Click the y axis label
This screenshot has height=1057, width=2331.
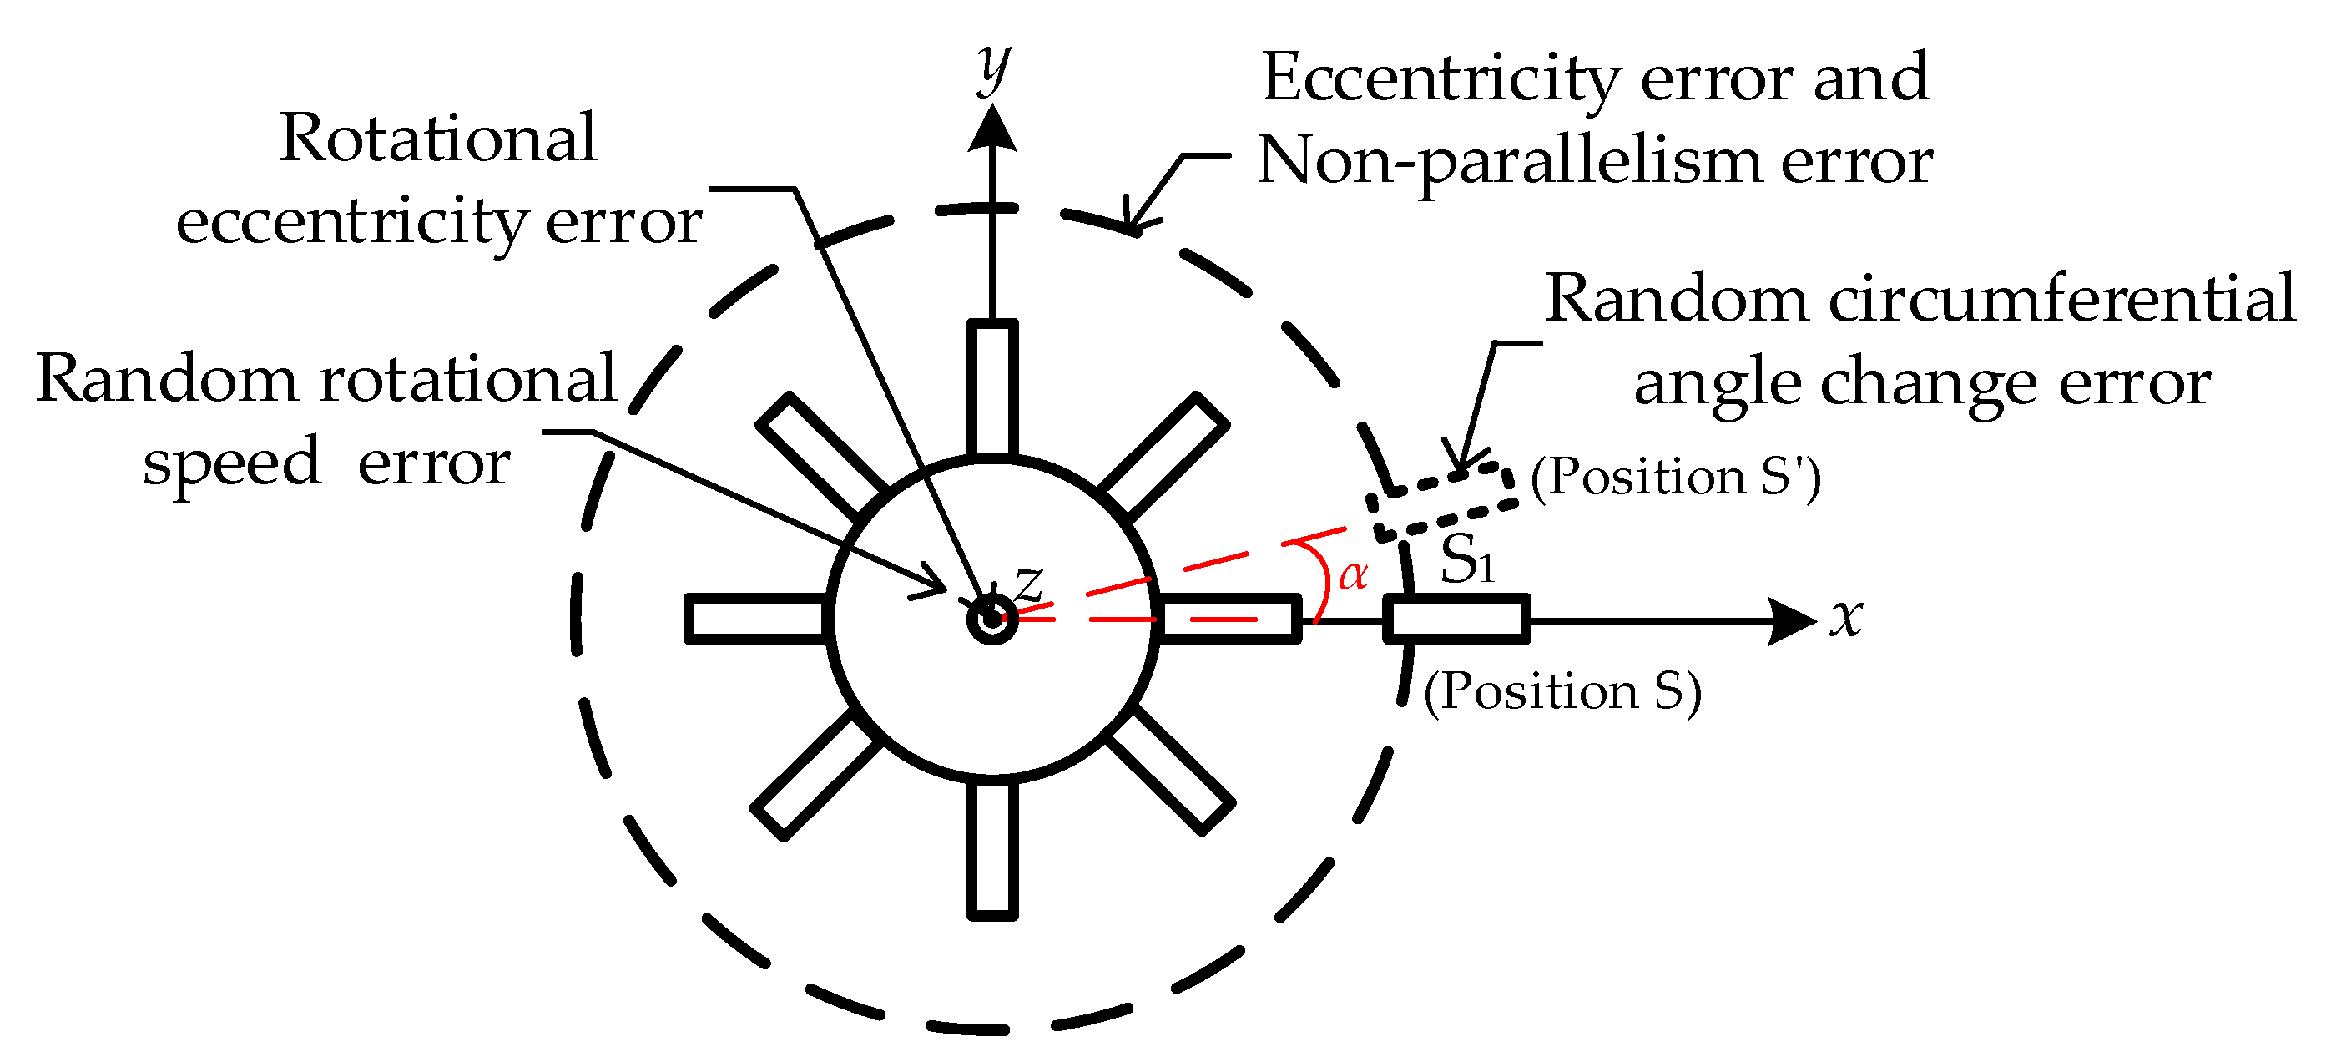tap(993, 68)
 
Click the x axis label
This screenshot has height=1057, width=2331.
tap(1846, 618)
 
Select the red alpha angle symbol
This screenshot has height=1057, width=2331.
tap(1352, 575)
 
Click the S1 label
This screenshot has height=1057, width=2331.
tap(1466, 559)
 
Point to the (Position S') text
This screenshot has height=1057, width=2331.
tap(1675, 477)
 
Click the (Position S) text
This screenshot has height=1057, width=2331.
tap(1562, 692)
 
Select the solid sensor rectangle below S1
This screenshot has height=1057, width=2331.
tap(1456, 620)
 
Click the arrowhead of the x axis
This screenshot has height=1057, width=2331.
tap(1792, 622)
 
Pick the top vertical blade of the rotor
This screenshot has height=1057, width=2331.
tap(992, 387)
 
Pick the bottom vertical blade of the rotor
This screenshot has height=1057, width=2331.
tap(992, 850)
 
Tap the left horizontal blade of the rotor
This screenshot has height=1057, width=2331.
tap(755, 619)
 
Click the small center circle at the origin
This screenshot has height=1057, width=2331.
tap(992, 621)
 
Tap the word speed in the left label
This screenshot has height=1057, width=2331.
tap(233, 463)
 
